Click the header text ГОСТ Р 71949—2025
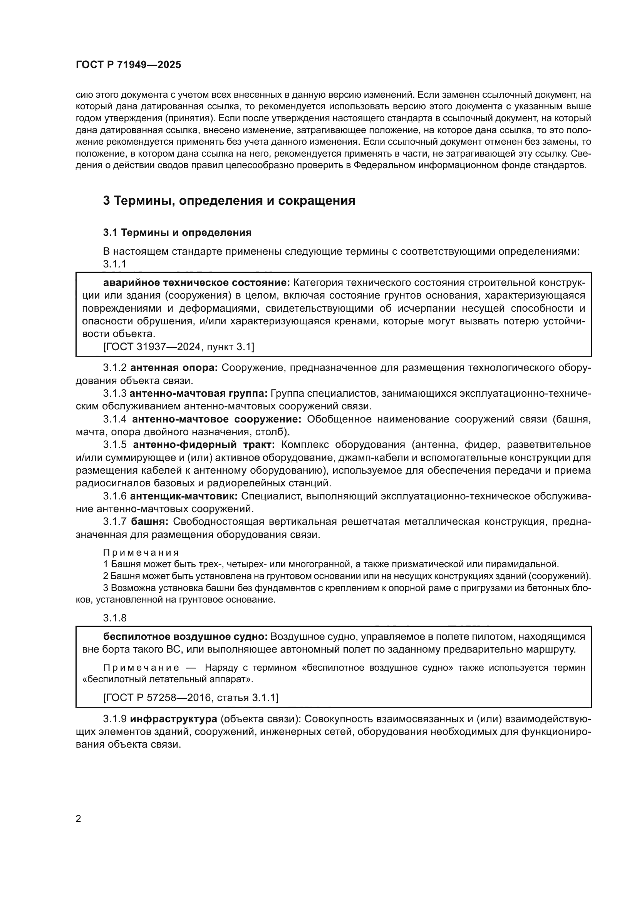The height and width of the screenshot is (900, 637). coord(128,65)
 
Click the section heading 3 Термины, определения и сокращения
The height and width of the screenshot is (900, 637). coord(229,201)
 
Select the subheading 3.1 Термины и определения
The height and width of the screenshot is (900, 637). coord(177,232)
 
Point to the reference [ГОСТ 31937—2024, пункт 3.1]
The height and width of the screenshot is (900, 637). coord(178,347)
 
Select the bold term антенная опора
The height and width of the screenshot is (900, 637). coord(174,368)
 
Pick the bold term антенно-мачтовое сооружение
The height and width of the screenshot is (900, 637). coord(216,419)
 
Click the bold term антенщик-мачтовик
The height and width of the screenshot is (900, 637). coord(184,496)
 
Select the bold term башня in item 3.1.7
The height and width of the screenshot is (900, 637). coord(149,521)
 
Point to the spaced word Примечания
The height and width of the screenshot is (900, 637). coord(141,552)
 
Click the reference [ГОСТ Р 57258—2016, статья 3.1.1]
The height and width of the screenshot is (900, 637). coord(191,697)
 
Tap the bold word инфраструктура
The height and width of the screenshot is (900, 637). coord(173,719)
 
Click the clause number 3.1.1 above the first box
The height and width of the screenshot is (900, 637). coord(114,264)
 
